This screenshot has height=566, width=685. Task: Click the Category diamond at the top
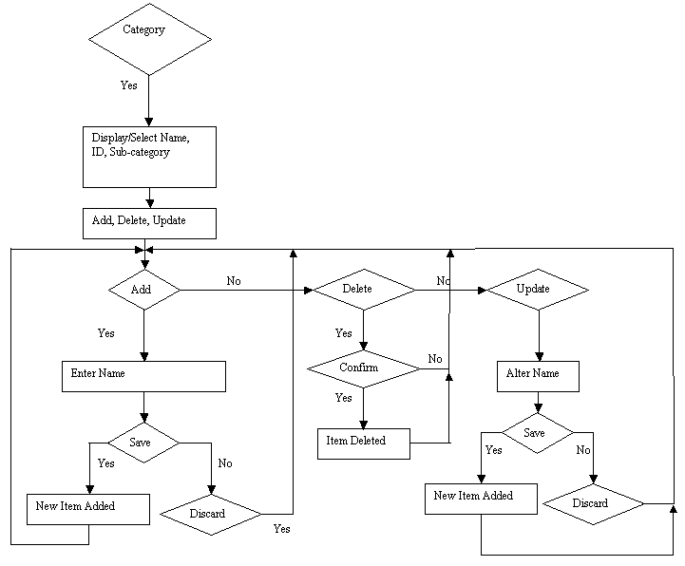150,39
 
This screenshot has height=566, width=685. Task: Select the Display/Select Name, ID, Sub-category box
149,158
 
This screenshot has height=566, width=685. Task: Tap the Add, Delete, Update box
149,223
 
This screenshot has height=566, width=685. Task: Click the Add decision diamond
144,290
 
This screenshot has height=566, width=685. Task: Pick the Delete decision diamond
364,290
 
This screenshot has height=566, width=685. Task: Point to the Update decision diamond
538,290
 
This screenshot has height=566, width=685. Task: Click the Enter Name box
143,376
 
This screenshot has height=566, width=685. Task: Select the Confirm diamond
364,369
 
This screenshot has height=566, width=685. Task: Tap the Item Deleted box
364,443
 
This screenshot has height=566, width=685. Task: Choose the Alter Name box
538,376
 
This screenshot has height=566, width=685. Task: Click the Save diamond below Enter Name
143,443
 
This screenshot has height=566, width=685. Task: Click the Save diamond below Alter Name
538,433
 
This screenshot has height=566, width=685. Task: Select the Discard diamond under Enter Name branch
211,515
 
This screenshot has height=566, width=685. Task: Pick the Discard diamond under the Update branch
593,504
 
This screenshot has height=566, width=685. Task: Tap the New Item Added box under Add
88,509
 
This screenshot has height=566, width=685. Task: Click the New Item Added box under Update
481,499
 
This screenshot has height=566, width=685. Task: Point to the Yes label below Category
129,85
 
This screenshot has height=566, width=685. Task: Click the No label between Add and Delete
234,281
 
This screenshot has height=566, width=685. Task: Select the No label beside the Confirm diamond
435,359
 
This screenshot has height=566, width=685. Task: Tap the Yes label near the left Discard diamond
282,529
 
